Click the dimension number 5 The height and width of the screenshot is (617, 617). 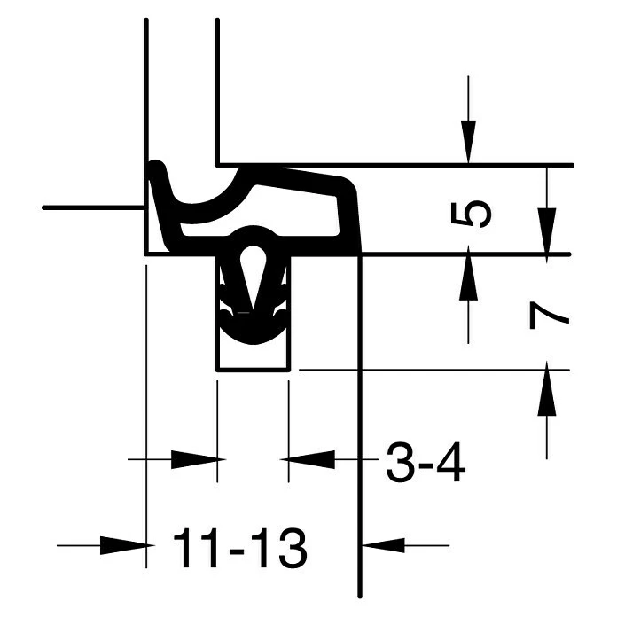471,215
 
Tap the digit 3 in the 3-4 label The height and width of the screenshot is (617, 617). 401,463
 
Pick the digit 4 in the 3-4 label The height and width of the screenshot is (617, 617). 449,463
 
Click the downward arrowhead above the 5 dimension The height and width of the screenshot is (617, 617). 468,142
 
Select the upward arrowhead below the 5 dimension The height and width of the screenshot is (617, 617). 468,277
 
